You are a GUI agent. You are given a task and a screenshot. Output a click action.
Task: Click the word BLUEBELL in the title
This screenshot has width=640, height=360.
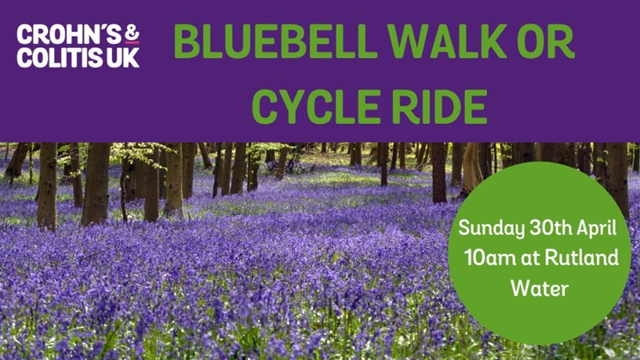[275, 42]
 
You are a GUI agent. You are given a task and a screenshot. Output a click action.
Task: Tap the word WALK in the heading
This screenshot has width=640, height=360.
[446, 42]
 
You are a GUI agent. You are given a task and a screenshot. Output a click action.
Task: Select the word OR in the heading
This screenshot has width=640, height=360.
[546, 42]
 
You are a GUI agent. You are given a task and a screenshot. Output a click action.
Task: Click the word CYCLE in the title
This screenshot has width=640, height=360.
[316, 107]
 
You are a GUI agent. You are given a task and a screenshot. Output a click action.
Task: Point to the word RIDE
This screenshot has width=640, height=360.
[439, 107]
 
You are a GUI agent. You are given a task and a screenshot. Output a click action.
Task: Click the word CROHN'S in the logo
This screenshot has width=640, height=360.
[69, 34]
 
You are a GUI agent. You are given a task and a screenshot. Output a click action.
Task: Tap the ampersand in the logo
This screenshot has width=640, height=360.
[132, 33]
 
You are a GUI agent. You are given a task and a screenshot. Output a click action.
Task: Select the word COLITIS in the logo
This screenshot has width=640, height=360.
[60, 58]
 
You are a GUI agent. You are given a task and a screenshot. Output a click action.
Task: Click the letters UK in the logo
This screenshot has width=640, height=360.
[123, 58]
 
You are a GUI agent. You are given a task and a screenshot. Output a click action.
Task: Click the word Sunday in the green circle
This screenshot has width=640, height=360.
[491, 229]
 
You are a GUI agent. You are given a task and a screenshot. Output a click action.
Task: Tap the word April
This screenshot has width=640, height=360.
[596, 229]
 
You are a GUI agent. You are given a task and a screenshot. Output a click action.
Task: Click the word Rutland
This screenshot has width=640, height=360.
[582, 258]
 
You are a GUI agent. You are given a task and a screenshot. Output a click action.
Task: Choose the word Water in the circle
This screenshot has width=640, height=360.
[539, 288]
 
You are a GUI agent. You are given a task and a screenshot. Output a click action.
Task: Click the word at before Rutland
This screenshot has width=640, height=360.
[530, 258]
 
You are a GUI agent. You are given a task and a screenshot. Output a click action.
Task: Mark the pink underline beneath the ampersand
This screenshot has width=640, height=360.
[132, 42]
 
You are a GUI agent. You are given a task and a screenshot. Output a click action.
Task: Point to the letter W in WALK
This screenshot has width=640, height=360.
[408, 42]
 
